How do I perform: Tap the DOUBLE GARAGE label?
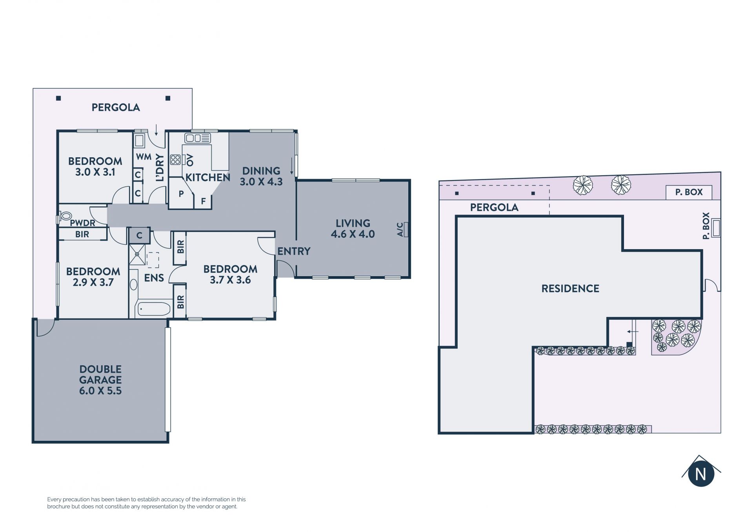[100, 380]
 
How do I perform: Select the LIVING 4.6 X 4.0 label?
[353, 229]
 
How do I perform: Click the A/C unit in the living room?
[406, 230]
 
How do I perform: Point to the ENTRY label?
[294, 251]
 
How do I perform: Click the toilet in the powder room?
[65, 216]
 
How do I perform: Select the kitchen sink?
[198, 138]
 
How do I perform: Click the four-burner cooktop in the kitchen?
[175, 160]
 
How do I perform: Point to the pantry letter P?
[181, 193]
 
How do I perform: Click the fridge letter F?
[203, 202]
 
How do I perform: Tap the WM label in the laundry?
[144, 157]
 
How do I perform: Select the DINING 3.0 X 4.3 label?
[261, 176]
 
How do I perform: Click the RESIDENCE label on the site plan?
[570, 289]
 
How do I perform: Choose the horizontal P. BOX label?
[689, 192]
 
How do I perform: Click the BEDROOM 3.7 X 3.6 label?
[230, 274]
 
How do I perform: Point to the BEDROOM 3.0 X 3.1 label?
[95, 166]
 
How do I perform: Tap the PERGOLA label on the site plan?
[494, 208]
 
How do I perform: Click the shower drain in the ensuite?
[137, 254]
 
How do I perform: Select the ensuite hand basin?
[133, 284]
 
